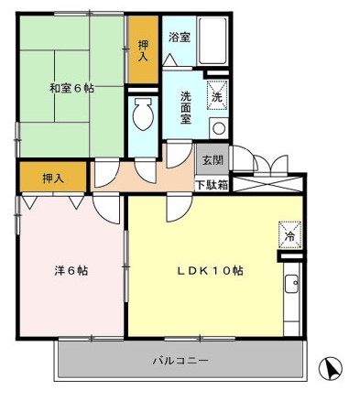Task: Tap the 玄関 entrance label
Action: tap(211, 158)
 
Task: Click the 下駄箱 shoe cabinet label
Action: tap(211, 184)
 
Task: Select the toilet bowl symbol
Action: tap(142, 114)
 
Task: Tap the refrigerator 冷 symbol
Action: tap(288, 233)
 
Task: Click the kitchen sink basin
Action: tap(292, 286)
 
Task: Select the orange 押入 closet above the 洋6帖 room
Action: tap(52, 177)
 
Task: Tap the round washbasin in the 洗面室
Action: tap(218, 127)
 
